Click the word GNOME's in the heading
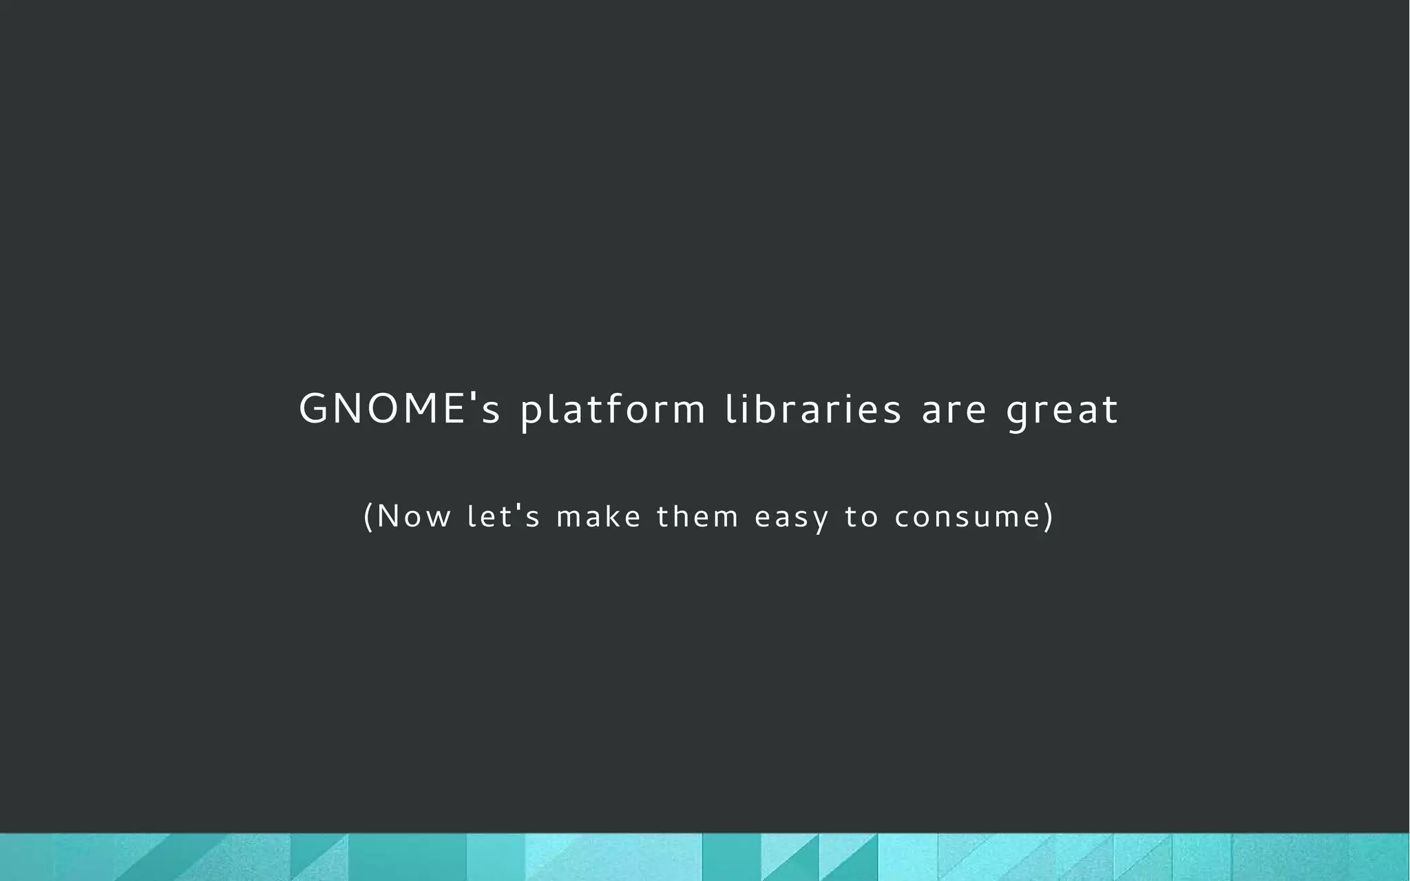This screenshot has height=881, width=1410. tap(399, 409)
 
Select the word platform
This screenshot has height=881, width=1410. tap(613, 410)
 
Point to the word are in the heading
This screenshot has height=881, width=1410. tap(954, 412)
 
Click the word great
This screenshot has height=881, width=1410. tap(1062, 412)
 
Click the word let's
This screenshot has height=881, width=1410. tap(503, 516)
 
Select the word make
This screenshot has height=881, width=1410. tap(599, 516)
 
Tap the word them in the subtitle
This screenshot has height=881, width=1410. tap(697, 516)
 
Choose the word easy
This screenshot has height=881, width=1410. tap(792, 518)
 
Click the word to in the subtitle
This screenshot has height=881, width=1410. tap(861, 517)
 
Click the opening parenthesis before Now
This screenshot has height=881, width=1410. tap(368, 517)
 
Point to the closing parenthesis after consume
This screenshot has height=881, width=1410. tap(1049, 517)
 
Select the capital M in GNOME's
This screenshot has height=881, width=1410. tap(419, 409)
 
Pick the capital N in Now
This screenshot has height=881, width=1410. tap(388, 516)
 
